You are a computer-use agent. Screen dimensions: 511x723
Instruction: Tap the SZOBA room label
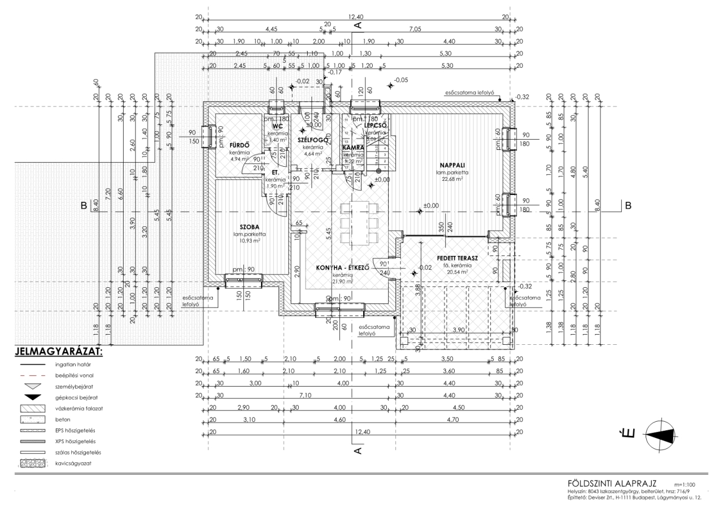pos(246,226)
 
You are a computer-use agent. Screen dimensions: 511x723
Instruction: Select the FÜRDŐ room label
pos(239,145)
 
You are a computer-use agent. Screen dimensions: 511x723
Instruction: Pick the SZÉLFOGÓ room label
pos(310,140)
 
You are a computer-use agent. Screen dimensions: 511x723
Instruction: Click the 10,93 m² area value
pos(247,241)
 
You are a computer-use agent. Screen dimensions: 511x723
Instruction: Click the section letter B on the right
pos(628,206)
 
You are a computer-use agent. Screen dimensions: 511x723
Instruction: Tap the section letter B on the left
pos(84,206)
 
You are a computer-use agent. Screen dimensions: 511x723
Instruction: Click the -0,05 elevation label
pos(401,80)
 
